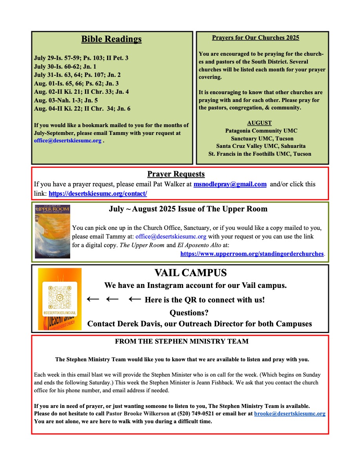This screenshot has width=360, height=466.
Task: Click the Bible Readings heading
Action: point(111,39)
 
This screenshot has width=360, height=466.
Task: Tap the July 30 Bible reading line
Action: point(65,66)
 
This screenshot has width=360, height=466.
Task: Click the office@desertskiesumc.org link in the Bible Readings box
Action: point(68,140)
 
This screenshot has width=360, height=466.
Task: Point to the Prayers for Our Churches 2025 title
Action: point(255,38)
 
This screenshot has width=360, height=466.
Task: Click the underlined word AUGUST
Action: point(259,123)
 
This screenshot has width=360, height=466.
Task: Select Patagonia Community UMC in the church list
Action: point(259,131)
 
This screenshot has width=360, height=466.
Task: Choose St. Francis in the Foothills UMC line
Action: point(260,154)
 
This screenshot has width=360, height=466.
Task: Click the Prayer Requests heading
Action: point(176,174)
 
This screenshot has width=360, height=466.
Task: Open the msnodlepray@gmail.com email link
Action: point(230,184)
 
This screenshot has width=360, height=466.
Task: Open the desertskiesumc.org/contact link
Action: point(98,193)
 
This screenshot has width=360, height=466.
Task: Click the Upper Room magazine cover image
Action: point(53,231)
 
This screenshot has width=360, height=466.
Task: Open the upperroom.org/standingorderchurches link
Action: point(252,254)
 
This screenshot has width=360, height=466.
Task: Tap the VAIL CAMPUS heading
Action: point(191,273)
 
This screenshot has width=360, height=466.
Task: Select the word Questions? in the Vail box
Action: point(189,313)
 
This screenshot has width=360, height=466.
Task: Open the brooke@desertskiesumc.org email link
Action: point(289,414)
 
